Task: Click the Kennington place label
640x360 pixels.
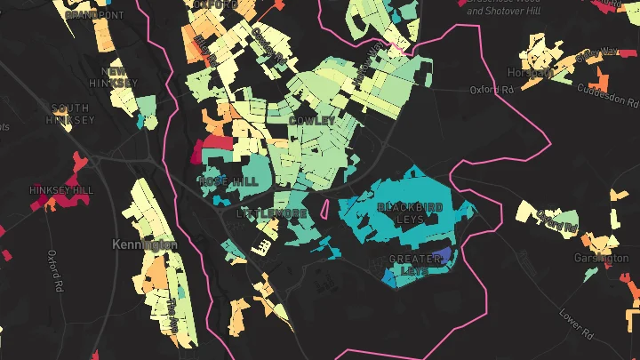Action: coord(145,244)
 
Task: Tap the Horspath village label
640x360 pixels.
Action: coord(531,72)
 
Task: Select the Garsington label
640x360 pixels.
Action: coord(603,258)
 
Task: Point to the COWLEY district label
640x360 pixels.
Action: coord(312,120)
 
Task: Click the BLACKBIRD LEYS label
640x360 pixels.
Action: coord(410,213)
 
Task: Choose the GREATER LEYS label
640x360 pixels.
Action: coord(417,264)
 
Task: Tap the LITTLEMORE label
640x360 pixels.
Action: coord(272,214)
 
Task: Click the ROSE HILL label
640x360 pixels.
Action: coord(229,180)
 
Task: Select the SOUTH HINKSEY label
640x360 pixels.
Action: coord(71,114)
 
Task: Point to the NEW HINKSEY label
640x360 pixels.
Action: coord(119,76)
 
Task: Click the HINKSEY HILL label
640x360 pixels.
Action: coord(60,190)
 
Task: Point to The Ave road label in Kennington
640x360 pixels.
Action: coord(172,315)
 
